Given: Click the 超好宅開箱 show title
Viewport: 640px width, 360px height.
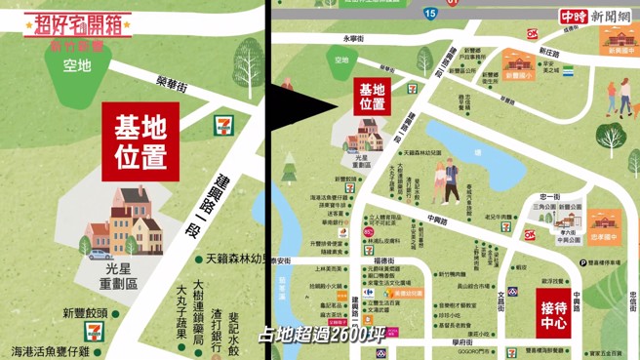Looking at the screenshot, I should click(77, 22).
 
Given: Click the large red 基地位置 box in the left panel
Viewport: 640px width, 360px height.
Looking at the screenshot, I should click(140, 140).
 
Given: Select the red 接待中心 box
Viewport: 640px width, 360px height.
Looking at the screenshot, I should click(561, 314).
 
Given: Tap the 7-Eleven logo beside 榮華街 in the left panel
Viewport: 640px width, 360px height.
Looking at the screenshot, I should click(223, 125).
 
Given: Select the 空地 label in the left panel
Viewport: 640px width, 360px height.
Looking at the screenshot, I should click(76, 65).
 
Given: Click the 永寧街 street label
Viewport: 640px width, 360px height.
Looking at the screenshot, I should click(353, 38).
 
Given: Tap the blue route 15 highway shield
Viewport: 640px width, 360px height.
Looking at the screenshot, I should click(430, 13).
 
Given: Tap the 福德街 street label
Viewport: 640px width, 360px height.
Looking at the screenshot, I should click(381, 261).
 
